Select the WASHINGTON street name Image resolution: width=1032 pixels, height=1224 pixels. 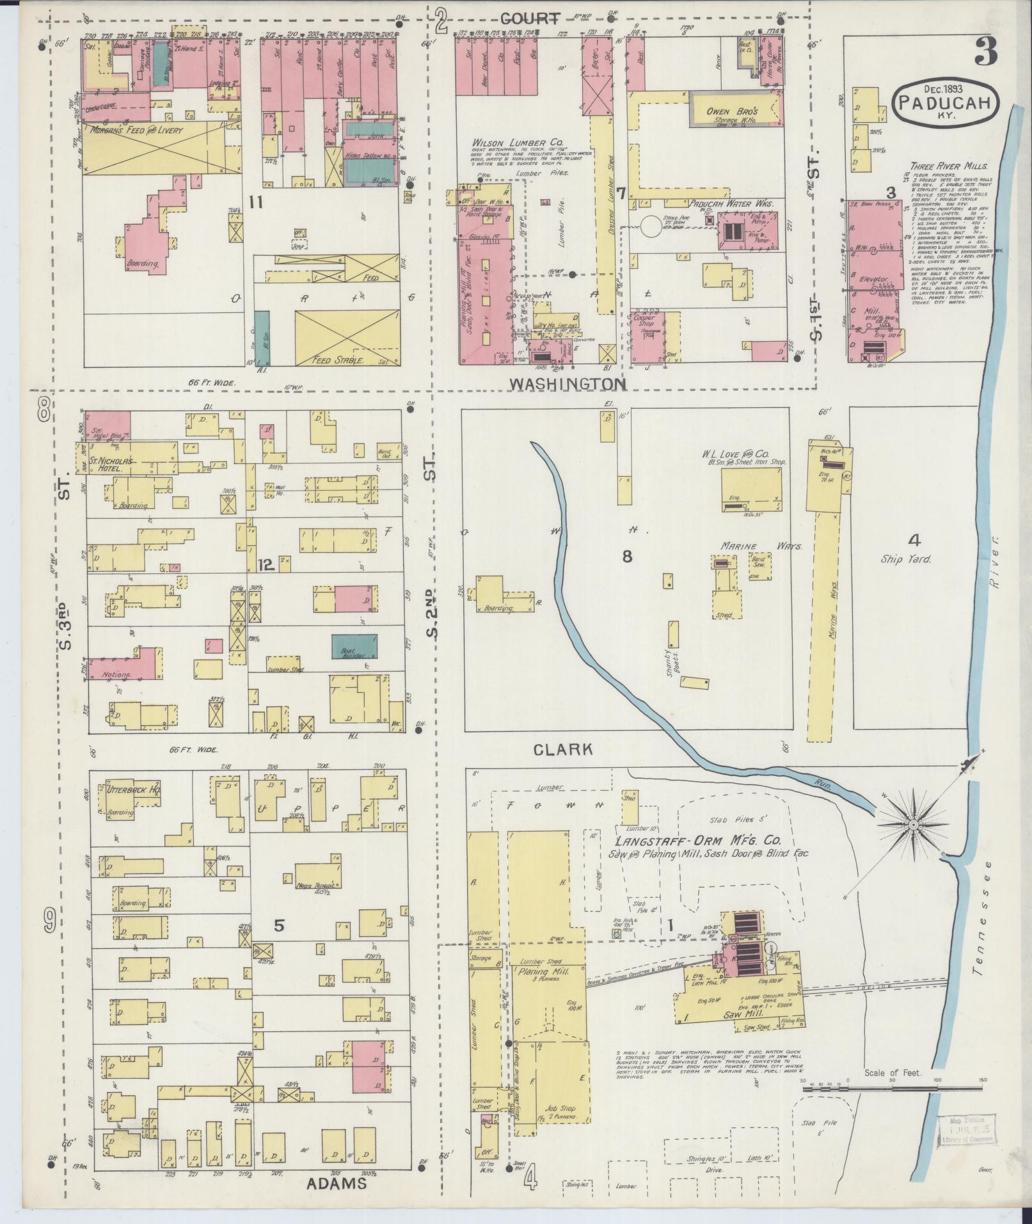pyautogui.click(x=567, y=383)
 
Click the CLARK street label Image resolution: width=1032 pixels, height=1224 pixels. pyautogui.click(x=562, y=749)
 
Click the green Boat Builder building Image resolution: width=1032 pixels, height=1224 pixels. pyautogui.click(x=354, y=647)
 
